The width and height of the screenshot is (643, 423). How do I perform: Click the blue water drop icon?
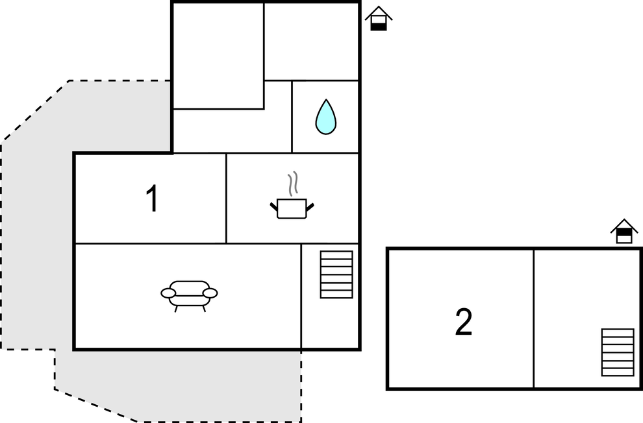click(326, 117)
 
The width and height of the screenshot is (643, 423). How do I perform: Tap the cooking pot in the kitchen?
click(292, 209)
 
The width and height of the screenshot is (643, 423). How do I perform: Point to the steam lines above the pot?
click(293, 184)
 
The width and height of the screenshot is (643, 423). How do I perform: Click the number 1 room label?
click(153, 199)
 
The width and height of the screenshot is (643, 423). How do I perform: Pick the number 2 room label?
click(464, 322)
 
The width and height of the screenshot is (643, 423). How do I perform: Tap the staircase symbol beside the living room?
click(336, 274)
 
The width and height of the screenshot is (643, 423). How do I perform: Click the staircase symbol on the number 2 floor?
click(618, 352)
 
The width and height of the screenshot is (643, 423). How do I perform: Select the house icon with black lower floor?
click(379, 18)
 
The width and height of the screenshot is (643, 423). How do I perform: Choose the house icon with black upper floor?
click(624, 232)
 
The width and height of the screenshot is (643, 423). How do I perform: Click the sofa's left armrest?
click(168, 293)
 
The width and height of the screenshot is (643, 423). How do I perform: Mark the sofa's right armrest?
click(210, 293)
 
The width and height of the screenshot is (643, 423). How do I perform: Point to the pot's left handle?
click(274, 206)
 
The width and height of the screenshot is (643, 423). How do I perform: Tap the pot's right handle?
click(310, 207)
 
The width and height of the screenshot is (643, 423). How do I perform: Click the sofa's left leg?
click(176, 309)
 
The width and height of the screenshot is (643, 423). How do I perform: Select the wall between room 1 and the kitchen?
click(226, 198)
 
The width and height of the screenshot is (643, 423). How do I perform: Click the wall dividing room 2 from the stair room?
click(533, 318)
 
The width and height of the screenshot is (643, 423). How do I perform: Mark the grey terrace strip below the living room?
click(179, 385)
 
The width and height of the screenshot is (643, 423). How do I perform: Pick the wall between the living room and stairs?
click(301, 296)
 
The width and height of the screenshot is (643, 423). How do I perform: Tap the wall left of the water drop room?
click(292, 117)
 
